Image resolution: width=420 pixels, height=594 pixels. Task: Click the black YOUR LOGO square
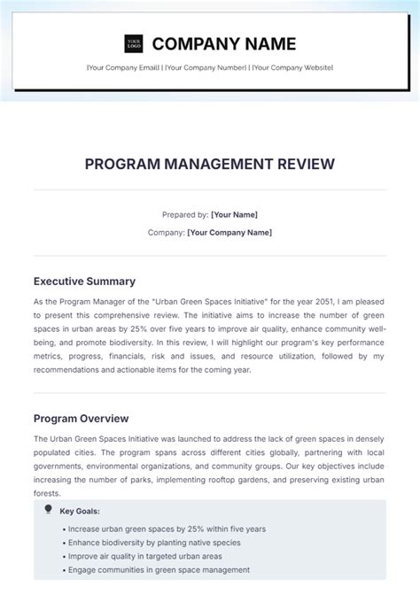(x=134, y=43)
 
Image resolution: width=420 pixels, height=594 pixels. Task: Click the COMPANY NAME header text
(x=223, y=43)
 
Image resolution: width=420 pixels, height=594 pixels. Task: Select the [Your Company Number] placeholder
(x=203, y=68)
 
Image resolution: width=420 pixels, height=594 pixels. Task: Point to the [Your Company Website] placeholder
(x=289, y=68)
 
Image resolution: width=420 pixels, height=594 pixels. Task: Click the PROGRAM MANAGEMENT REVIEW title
(x=210, y=164)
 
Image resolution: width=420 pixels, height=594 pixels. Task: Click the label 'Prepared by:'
(x=185, y=214)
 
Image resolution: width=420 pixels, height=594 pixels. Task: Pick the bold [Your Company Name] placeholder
(x=230, y=232)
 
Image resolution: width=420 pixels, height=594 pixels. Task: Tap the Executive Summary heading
(x=84, y=282)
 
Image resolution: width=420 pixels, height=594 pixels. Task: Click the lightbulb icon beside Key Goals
(x=48, y=510)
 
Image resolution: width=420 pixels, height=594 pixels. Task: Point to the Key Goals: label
(x=80, y=511)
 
